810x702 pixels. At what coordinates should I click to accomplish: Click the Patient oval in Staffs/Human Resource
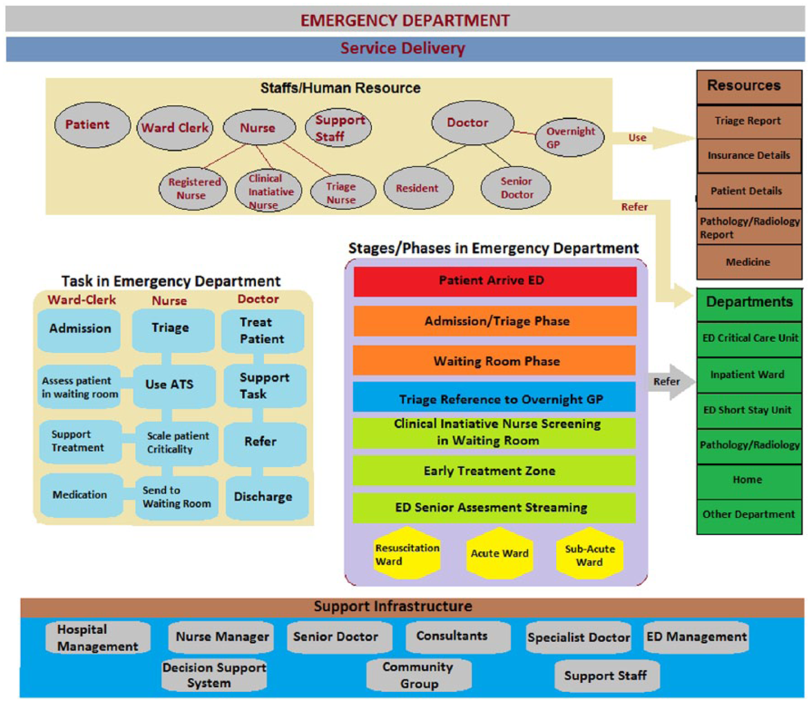pos(92,125)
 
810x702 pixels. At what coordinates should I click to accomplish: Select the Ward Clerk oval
pos(175,128)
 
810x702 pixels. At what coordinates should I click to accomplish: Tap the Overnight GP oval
pos(569,137)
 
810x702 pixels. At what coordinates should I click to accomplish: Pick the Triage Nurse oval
pos(343,193)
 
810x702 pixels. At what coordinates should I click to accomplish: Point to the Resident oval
pos(418,188)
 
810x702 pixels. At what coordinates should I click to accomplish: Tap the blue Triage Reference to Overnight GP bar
pos(494,397)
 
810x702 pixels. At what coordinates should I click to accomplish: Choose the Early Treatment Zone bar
pos(494,471)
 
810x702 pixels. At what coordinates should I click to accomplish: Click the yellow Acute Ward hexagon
pos(500,553)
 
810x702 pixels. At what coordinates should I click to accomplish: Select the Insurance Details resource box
pos(749,156)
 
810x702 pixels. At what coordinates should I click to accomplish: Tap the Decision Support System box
pos(214,675)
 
